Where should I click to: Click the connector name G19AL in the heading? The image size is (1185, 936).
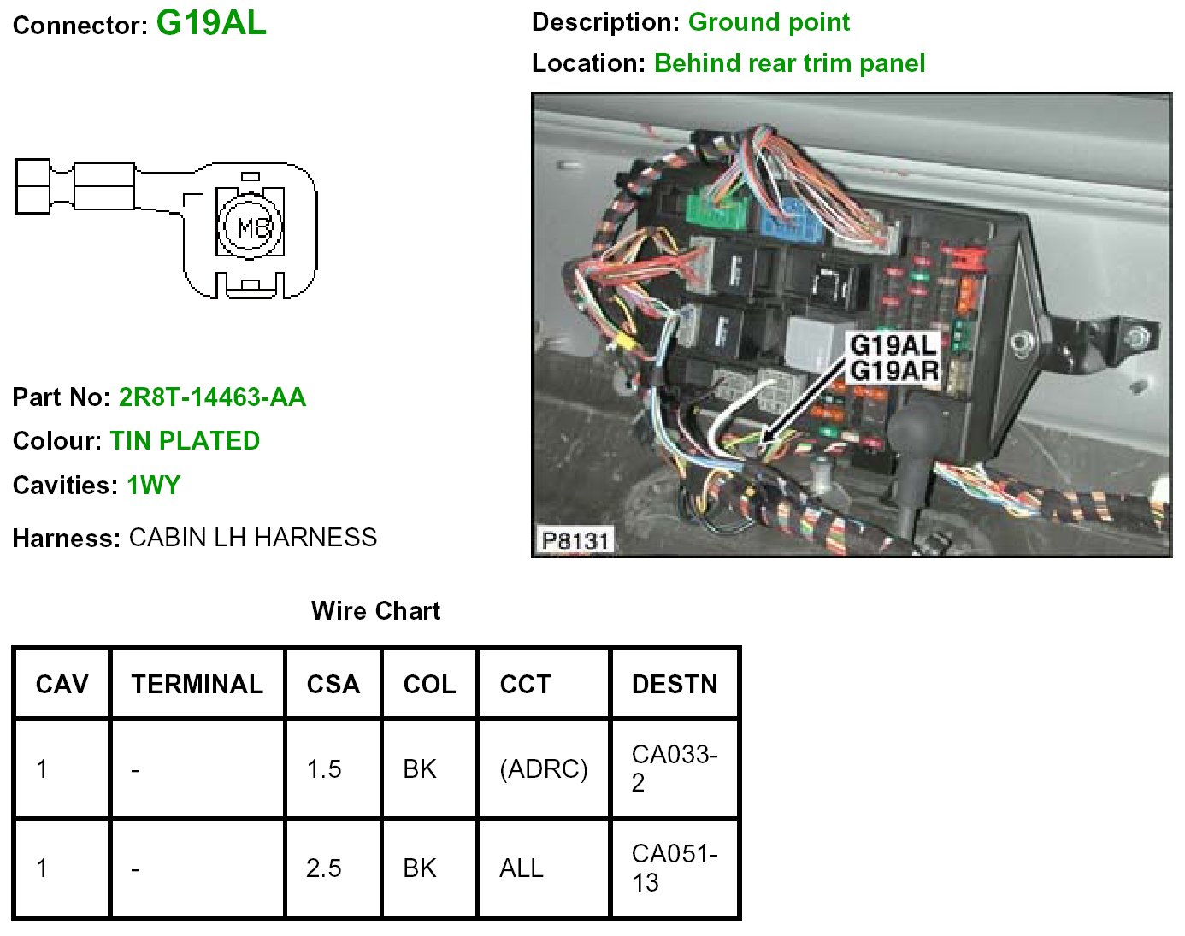[x=211, y=23]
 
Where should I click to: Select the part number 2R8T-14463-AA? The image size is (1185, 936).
[x=212, y=397]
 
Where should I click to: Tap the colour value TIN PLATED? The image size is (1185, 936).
[x=185, y=441]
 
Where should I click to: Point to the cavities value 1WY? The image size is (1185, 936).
[x=154, y=486]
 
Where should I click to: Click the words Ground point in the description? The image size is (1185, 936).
[x=769, y=22]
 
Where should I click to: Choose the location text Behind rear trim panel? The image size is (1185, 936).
[x=789, y=63]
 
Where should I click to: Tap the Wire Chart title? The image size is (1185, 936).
[x=375, y=611]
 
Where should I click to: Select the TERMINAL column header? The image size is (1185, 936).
[x=197, y=684]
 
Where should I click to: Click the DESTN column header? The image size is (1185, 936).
[x=675, y=684]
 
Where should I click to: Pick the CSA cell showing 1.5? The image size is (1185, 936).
[x=324, y=769]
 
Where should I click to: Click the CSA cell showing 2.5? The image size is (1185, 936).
[x=324, y=868]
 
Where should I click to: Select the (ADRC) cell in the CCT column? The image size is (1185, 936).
[x=544, y=769]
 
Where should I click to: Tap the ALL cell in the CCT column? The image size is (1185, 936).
[x=522, y=868]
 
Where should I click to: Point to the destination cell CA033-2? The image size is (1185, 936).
[x=674, y=768]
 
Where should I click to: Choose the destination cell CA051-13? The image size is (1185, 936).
[x=674, y=868]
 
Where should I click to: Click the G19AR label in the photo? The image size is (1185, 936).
[x=894, y=371]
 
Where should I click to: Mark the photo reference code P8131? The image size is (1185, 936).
[x=575, y=540]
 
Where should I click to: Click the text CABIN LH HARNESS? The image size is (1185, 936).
[x=253, y=538]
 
